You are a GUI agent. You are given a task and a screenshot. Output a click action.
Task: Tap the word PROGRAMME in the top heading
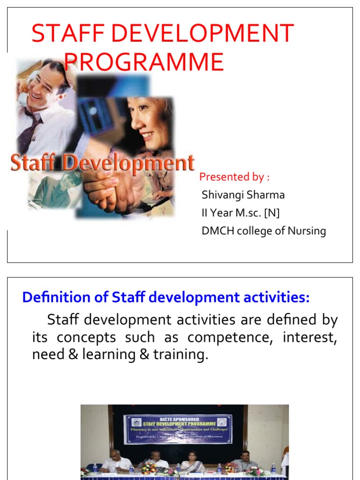click(x=144, y=62)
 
